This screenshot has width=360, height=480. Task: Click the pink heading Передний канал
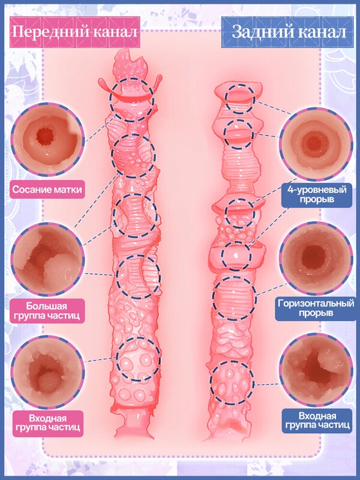(74, 32)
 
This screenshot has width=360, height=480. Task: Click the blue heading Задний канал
(289, 32)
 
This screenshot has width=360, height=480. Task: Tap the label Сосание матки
(47, 190)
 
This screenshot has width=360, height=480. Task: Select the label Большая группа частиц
(47, 311)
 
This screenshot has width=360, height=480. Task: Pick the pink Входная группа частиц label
(48, 423)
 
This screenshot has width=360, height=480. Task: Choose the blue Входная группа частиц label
(317, 421)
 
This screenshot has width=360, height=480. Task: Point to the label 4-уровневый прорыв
(317, 194)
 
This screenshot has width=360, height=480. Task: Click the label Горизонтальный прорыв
(316, 308)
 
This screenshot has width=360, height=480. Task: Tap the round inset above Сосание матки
(48, 139)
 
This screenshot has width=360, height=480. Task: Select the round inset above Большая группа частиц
(47, 259)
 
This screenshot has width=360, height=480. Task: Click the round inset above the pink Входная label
(48, 372)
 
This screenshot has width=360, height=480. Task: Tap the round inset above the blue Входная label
(316, 371)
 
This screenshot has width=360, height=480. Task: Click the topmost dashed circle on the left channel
(110, 100)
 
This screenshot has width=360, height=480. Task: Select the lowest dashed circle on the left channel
(116, 359)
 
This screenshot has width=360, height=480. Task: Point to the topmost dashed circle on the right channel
(226, 98)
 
